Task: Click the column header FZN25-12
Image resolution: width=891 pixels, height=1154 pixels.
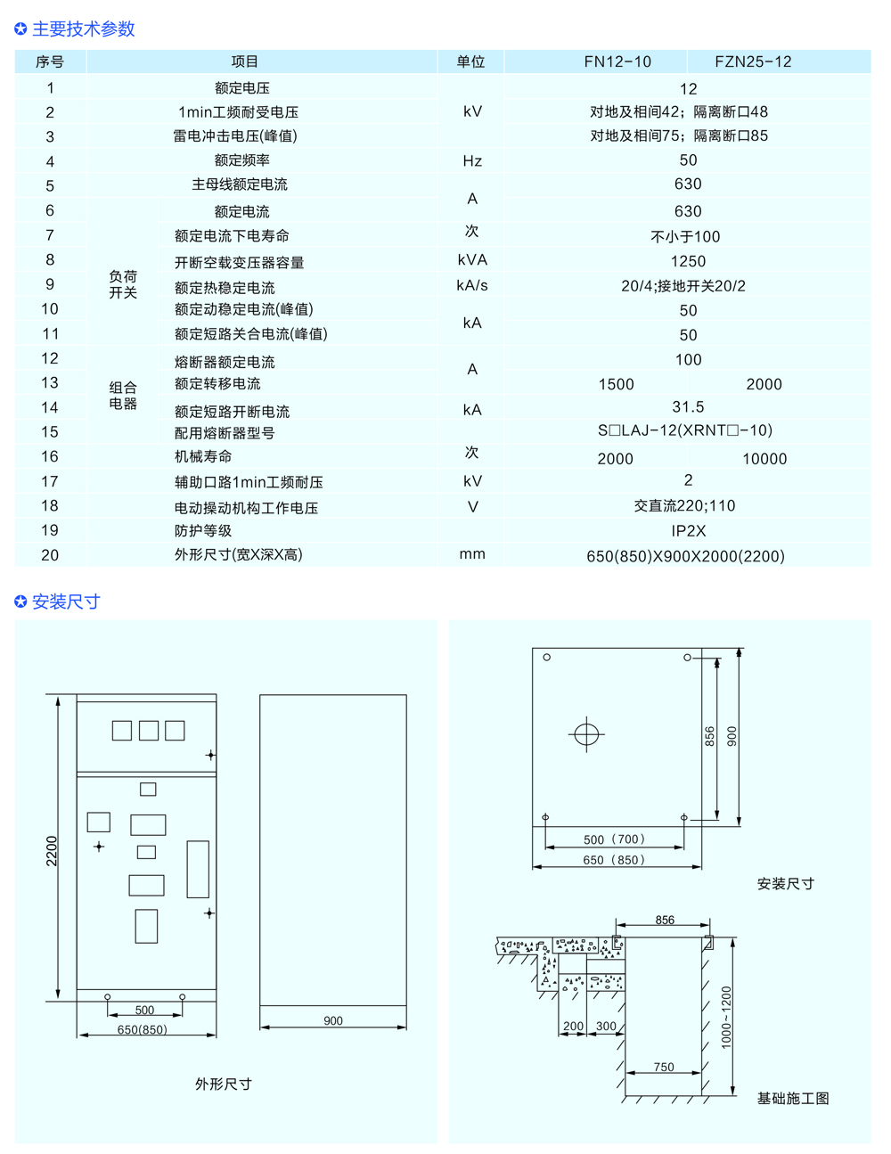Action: [753, 61]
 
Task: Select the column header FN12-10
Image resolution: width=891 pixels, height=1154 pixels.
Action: [617, 61]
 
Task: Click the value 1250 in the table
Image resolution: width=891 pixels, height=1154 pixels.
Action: [688, 261]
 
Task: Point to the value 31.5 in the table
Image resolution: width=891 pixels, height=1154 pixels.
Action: [688, 407]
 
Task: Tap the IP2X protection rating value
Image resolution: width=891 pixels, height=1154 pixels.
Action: [688, 531]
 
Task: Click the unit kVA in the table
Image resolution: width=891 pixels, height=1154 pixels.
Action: [472, 260]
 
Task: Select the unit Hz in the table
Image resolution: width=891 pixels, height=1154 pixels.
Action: [472, 161]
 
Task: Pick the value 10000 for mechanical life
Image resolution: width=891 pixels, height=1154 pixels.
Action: [764, 459]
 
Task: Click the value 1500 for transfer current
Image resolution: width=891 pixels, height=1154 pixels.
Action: [616, 384]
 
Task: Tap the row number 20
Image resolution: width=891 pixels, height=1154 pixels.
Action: [50, 555]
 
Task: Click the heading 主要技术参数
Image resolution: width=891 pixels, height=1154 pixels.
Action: [83, 29]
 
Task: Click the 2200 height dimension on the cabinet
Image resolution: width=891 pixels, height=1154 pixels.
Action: [52, 851]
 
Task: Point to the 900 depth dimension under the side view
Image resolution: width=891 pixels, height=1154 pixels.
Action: [333, 1021]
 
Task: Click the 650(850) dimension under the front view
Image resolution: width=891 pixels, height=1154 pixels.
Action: [143, 1030]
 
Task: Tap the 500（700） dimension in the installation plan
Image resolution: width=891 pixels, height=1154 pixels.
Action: [614, 839]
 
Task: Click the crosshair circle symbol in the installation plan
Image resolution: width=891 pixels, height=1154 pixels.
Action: [586, 734]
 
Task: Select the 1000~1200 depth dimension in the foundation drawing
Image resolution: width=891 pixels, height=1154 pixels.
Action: [726, 1017]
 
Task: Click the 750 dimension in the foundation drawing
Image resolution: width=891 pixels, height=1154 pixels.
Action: [664, 1068]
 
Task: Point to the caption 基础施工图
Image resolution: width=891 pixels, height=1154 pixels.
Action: [793, 1099]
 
